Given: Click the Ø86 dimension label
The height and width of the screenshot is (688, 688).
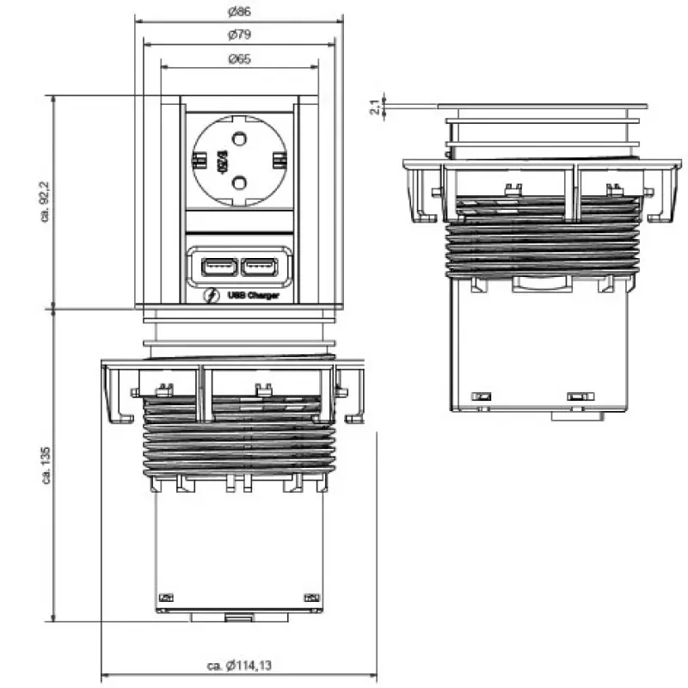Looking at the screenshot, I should coord(239,12).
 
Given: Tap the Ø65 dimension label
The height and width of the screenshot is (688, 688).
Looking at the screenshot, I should coord(239,59).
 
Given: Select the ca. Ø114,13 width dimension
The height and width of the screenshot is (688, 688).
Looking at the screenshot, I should coord(240,665).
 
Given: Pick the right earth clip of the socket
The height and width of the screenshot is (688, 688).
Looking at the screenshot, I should coord(279,161).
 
